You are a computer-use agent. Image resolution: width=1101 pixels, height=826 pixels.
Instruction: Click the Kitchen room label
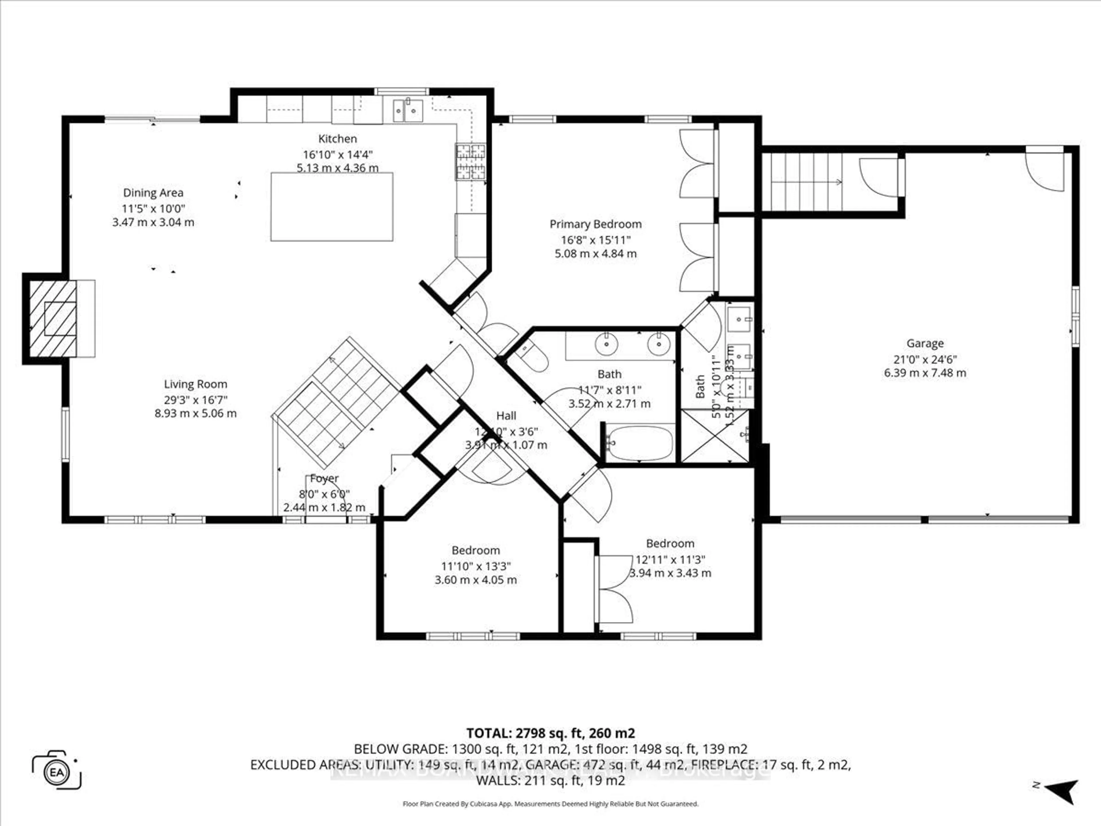click(x=337, y=139)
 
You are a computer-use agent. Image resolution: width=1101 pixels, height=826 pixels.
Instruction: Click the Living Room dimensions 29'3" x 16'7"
click(x=196, y=399)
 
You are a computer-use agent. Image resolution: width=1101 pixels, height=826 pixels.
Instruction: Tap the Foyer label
click(x=324, y=478)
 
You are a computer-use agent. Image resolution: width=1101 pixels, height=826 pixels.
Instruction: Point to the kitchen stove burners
click(x=471, y=161)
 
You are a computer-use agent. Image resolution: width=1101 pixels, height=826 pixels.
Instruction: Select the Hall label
click(x=506, y=416)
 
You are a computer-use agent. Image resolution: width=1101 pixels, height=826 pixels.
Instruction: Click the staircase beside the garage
click(x=802, y=182)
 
